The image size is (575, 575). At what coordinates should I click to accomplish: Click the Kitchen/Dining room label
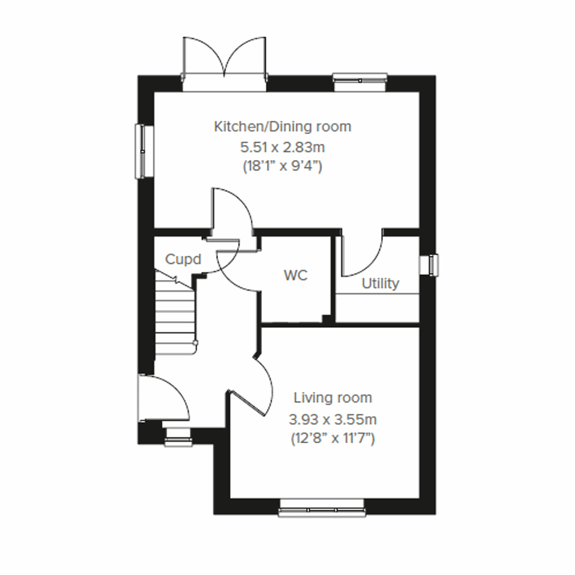282,126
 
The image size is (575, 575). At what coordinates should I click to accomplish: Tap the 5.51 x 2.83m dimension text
282,147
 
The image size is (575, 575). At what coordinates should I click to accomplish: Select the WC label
296,276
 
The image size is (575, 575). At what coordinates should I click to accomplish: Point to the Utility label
380,283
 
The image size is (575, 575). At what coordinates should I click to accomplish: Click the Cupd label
183,259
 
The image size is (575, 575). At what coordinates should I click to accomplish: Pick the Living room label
333,398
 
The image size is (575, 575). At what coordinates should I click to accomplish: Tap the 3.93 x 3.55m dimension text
333,420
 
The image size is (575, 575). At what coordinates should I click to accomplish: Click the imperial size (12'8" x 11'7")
333,438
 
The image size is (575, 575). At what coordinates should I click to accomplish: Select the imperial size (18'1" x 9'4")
282,166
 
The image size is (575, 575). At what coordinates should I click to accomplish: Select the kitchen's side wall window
142,151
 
